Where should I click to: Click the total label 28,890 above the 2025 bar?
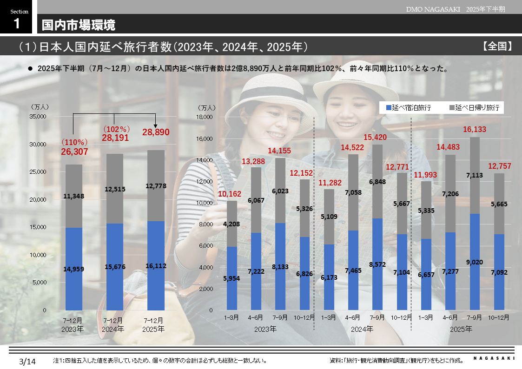click(156, 132)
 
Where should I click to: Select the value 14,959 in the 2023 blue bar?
click(73, 269)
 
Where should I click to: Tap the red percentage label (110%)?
click(74, 142)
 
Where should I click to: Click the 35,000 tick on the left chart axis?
click(38, 117)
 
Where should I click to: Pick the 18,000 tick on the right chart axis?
click(205, 117)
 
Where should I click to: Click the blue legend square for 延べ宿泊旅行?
click(389, 108)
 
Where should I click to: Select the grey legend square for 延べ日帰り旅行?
click(451, 108)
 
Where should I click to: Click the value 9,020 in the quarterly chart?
click(475, 262)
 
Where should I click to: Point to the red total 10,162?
click(231, 193)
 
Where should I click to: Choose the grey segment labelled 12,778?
click(156, 186)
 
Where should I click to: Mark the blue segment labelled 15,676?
click(115, 266)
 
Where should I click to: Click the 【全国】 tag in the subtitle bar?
click(497, 46)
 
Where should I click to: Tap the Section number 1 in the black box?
click(17, 24)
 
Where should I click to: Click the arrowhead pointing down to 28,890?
click(156, 124)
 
